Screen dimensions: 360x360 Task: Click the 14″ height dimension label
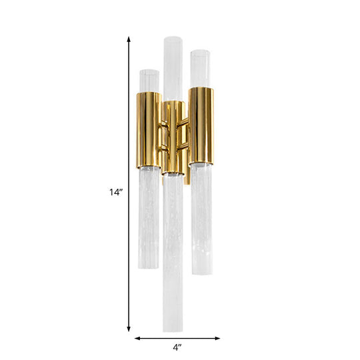coord(117,192)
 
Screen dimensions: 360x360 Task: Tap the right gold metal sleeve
coord(201,125)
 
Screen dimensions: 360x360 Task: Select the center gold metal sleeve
coord(174,137)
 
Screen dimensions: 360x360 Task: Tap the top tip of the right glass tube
coord(201,52)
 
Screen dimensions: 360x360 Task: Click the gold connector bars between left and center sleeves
coord(161,137)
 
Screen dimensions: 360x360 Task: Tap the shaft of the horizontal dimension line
coord(160,338)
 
